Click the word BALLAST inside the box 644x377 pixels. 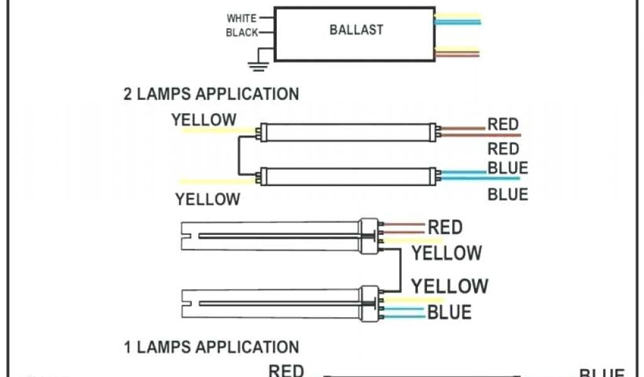click(356, 30)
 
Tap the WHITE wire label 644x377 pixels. click(241, 18)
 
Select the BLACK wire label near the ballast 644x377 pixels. click(242, 33)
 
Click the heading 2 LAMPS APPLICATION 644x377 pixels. click(211, 94)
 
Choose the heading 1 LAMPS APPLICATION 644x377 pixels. click(211, 347)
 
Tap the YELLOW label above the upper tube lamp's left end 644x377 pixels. click(204, 119)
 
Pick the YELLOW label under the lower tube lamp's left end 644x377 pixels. click(208, 200)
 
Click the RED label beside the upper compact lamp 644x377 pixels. click(445, 227)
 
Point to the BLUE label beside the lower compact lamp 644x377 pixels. click(449, 312)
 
